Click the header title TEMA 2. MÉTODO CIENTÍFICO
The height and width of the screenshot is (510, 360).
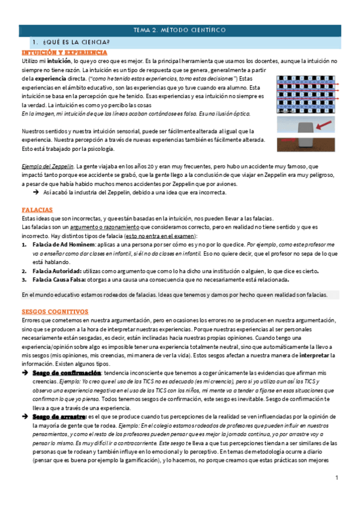tap(180, 29)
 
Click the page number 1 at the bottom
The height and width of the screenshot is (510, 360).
tap(337, 478)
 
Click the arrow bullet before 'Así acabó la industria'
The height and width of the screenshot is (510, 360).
tap(35, 193)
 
